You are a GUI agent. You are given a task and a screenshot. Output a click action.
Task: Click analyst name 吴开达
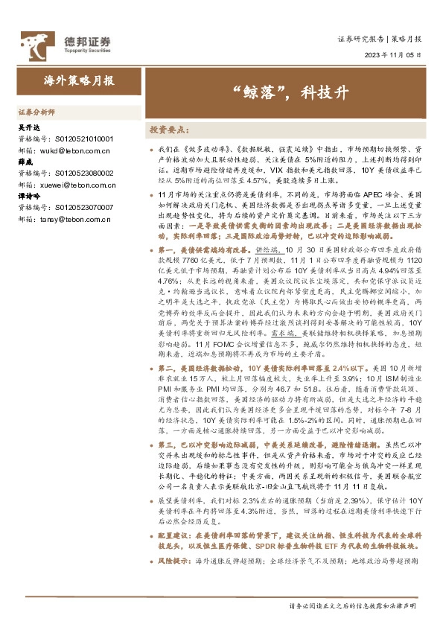tap(28, 128)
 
